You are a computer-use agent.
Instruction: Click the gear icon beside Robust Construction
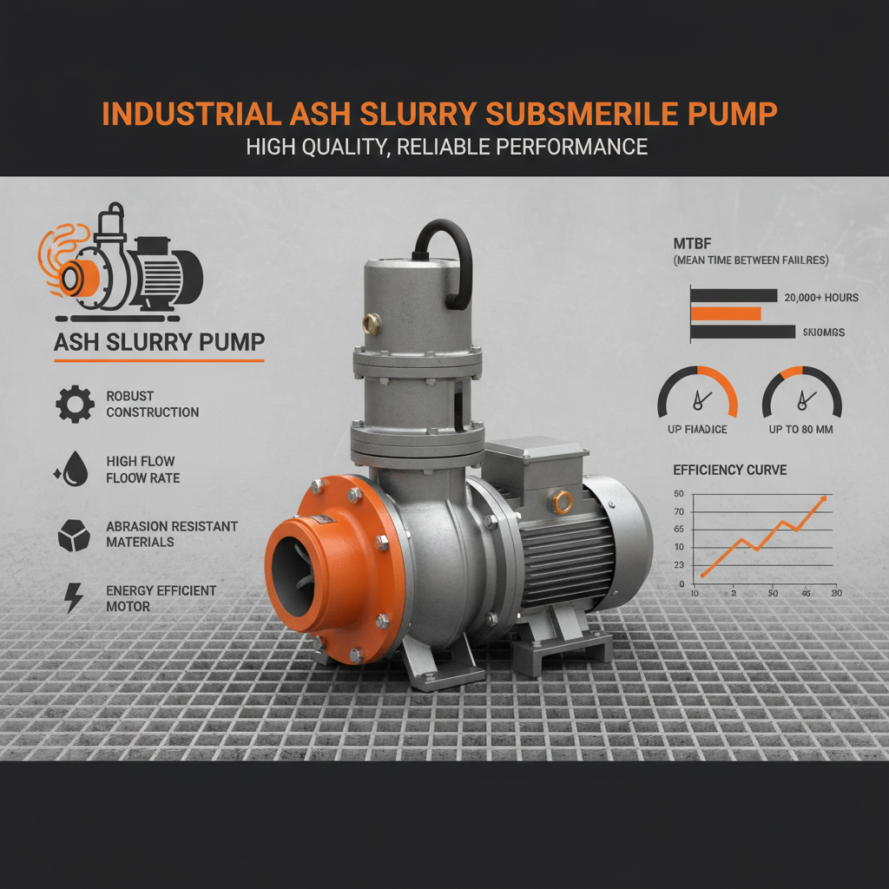(x=74, y=405)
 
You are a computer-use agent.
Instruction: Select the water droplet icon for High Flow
(x=74, y=469)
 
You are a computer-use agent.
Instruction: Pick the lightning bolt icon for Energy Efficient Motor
(x=75, y=598)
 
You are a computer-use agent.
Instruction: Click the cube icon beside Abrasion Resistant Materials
(x=74, y=534)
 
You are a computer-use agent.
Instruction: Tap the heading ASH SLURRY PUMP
(x=159, y=342)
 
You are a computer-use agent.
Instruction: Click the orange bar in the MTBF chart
(x=726, y=313)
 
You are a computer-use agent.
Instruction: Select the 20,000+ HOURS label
(x=820, y=297)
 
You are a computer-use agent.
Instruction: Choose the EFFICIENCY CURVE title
(x=730, y=470)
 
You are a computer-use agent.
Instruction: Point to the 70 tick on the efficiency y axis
(x=679, y=511)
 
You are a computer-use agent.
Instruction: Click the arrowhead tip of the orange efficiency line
(x=824, y=498)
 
